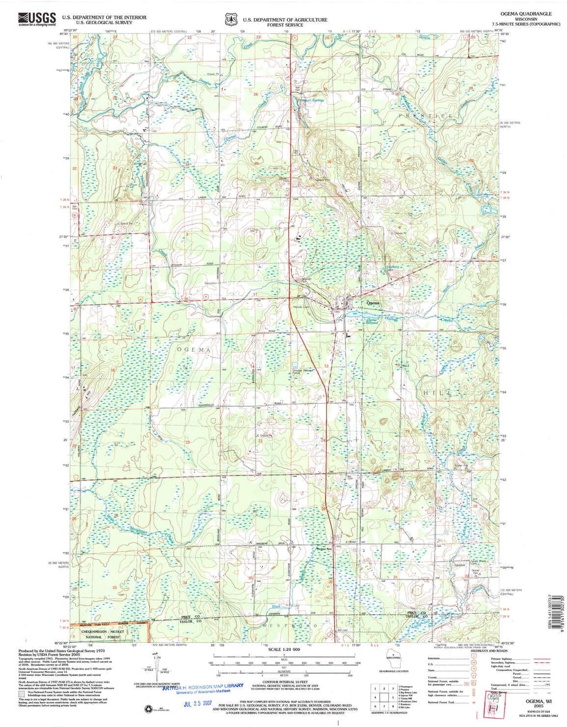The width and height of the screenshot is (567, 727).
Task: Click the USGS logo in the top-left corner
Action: tap(37, 19)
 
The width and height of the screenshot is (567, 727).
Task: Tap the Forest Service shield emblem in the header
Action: tap(229, 19)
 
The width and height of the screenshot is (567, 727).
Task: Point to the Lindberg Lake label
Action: tap(390, 269)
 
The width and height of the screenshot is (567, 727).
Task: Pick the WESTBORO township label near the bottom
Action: tap(279, 626)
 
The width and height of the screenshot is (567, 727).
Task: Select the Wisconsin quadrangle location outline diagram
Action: tap(393, 662)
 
